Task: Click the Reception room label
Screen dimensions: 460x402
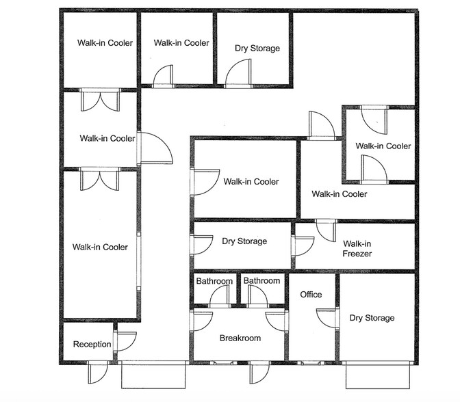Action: [x=92, y=345]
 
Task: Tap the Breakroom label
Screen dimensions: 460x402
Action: [x=240, y=338]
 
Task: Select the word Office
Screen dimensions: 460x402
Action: [x=311, y=295]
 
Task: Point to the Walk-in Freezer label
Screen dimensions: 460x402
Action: [x=357, y=248]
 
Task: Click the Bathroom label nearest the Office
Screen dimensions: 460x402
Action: [x=261, y=281]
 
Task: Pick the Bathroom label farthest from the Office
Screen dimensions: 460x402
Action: [x=214, y=281]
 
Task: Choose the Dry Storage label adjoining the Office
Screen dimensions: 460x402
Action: [x=372, y=318]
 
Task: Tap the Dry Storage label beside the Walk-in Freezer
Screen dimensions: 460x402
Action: [x=244, y=241]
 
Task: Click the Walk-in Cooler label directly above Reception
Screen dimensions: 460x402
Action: [x=100, y=247]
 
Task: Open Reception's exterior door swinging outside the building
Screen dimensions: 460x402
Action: [x=99, y=372]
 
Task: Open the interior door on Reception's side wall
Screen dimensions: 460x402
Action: [x=125, y=341]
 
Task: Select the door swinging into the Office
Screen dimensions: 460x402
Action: [x=327, y=319]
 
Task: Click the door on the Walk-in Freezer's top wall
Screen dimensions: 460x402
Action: [x=326, y=230]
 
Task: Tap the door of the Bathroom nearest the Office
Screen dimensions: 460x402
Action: [x=257, y=296]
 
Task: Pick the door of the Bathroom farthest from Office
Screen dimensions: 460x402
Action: [x=220, y=296]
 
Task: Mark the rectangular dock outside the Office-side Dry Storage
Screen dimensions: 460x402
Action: [x=378, y=375]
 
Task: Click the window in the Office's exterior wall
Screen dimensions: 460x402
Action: [x=310, y=363]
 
